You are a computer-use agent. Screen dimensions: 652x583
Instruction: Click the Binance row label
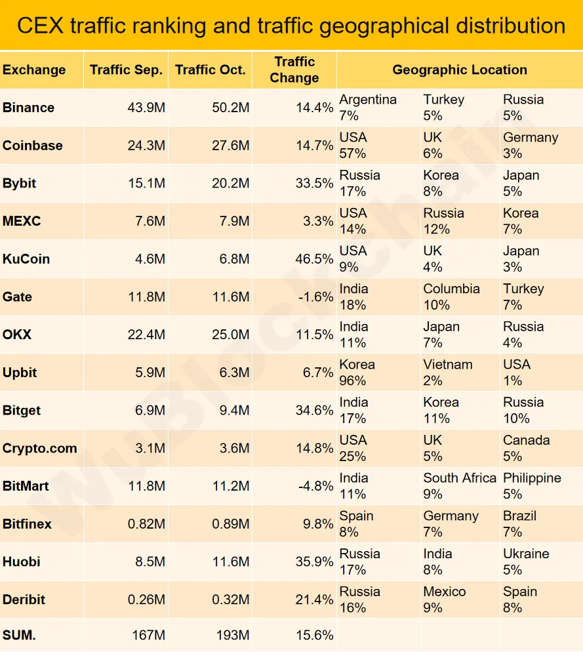(29, 108)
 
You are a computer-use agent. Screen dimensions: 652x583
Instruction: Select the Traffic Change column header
(294, 70)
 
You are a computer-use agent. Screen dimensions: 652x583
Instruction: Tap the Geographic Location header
(459, 70)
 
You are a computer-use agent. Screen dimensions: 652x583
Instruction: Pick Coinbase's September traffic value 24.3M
(146, 146)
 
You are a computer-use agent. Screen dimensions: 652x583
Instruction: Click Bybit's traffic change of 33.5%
(314, 184)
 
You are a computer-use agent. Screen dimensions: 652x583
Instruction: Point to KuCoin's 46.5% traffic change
(314, 259)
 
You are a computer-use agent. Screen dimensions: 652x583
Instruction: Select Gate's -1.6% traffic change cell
(315, 297)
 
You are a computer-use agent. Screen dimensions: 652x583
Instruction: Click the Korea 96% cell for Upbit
(357, 373)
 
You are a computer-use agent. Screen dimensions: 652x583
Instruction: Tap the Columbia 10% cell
(451, 297)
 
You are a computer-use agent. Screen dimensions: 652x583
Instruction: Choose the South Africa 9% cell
(459, 486)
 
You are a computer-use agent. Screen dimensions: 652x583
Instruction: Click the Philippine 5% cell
(532, 486)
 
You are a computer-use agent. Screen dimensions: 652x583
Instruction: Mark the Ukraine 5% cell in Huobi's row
(526, 561)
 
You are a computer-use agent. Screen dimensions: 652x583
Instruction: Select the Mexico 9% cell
(445, 600)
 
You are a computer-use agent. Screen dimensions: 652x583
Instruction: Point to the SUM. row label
(20, 635)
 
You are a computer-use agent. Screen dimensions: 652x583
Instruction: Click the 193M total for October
(233, 635)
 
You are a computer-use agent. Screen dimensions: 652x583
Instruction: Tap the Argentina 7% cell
(368, 108)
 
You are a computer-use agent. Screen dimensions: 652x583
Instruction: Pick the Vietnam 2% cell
(447, 373)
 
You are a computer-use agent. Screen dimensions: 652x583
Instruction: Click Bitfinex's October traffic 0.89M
(230, 524)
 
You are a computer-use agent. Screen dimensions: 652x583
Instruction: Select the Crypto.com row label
(39, 449)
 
